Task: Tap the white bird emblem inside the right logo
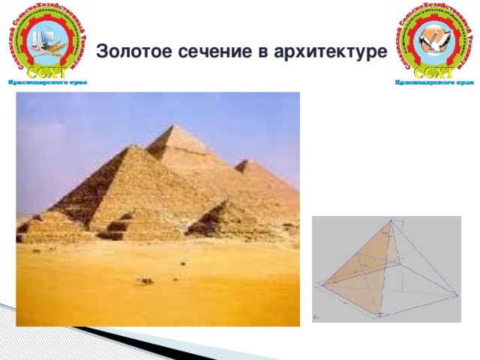[x=433, y=37]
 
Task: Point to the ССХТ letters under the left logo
[x=47, y=72]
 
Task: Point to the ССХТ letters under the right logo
[x=433, y=72]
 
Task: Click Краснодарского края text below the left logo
[x=47, y=82]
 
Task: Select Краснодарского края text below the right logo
[x=433, y=82]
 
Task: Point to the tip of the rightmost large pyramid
[x=247, y=160]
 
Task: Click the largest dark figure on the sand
[x=144, y=280]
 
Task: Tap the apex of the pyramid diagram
[x=391, y=220]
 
